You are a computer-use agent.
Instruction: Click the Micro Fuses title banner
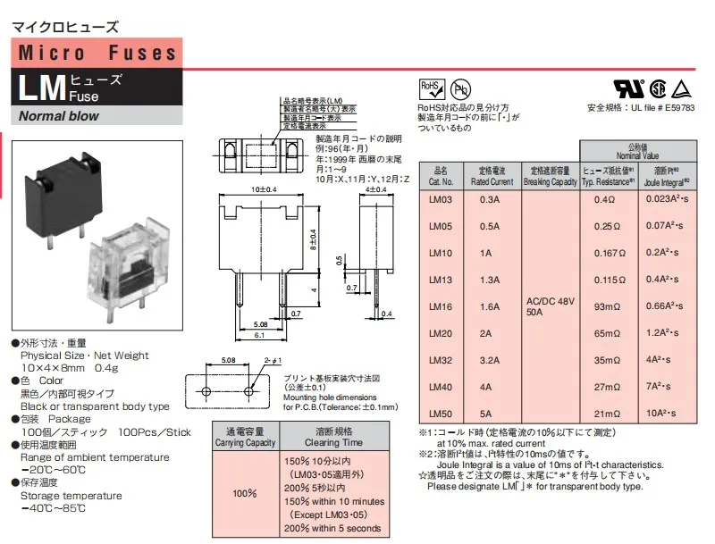pos(98,53)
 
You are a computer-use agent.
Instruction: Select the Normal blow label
pos(59,116)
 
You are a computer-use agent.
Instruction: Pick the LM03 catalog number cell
pos(442,199)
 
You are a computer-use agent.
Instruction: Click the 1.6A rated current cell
pos(490,306)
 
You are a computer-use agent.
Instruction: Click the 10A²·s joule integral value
pos(664,414)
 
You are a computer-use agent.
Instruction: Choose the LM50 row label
pos(442,414)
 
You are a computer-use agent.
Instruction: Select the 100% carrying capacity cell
pos(245,492)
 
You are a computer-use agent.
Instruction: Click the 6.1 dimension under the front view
pos(258,335)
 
